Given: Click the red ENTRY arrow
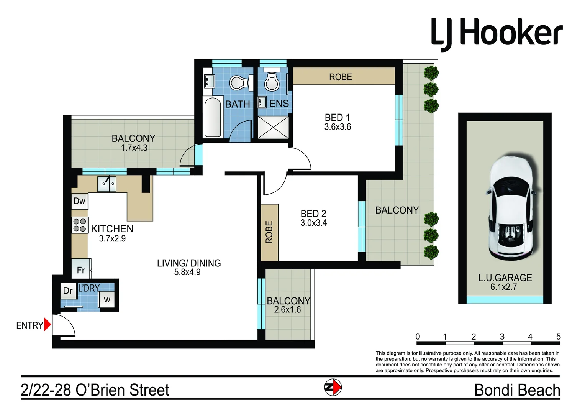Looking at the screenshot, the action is coord(47,324).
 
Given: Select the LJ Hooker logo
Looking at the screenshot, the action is coord(497,34).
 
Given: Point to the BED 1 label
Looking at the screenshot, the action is coord(337,117).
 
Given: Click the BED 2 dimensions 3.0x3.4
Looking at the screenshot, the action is coord(313,223).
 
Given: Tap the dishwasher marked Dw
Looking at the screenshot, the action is coord(79,201).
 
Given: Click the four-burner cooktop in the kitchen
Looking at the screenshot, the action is coord(80,225).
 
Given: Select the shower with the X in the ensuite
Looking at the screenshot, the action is coord(273,127).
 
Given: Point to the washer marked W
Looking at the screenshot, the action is coord(107,299).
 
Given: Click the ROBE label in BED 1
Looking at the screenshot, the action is coord(341,77).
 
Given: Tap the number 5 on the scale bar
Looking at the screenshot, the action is coord(558,337).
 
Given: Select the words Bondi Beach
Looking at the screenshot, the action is coord(517,390).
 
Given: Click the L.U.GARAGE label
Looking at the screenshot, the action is coord(505,278).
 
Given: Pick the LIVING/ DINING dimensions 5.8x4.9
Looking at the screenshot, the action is coord(187,272).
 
